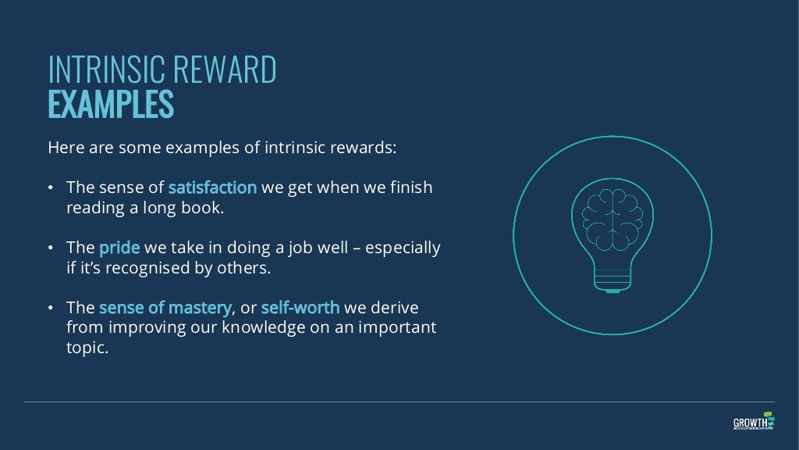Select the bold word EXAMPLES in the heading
[x=110, y=105]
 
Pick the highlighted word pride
[x=119, y=248]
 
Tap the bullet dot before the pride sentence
[x=51, y=248]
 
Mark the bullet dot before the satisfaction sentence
[x=51, y=188]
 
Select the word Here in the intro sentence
[x=64, y=148]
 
